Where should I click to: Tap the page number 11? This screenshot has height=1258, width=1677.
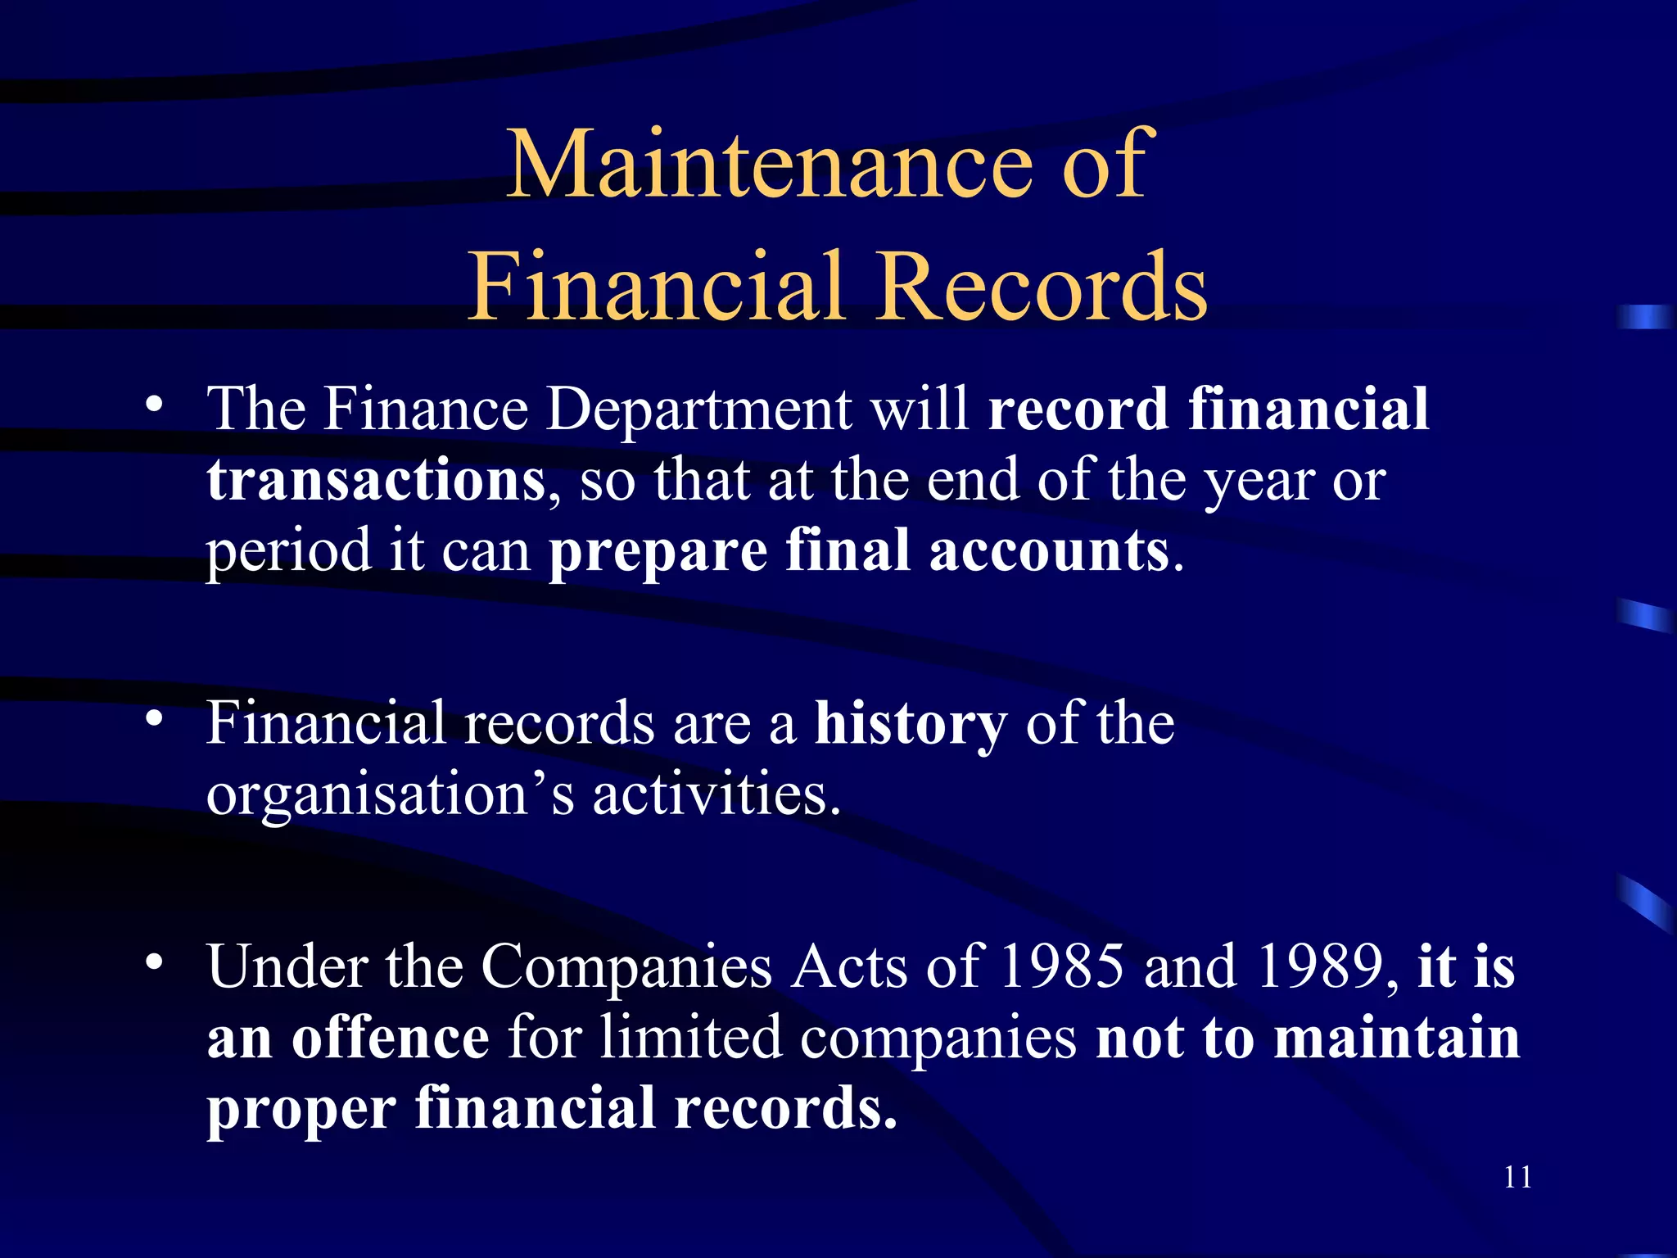click(x=1517, y=1177)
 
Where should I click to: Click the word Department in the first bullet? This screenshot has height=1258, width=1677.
click(x=698, y=409)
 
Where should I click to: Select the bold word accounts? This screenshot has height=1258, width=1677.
click(x=1049, y=550)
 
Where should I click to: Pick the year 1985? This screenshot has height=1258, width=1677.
click(x=1062, y=967)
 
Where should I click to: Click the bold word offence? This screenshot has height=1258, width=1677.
click(x=391, y=1038)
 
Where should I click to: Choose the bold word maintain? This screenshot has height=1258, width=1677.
click(x=1397, y=1038)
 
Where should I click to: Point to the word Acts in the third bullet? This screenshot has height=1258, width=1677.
click(x=849, y=967)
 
